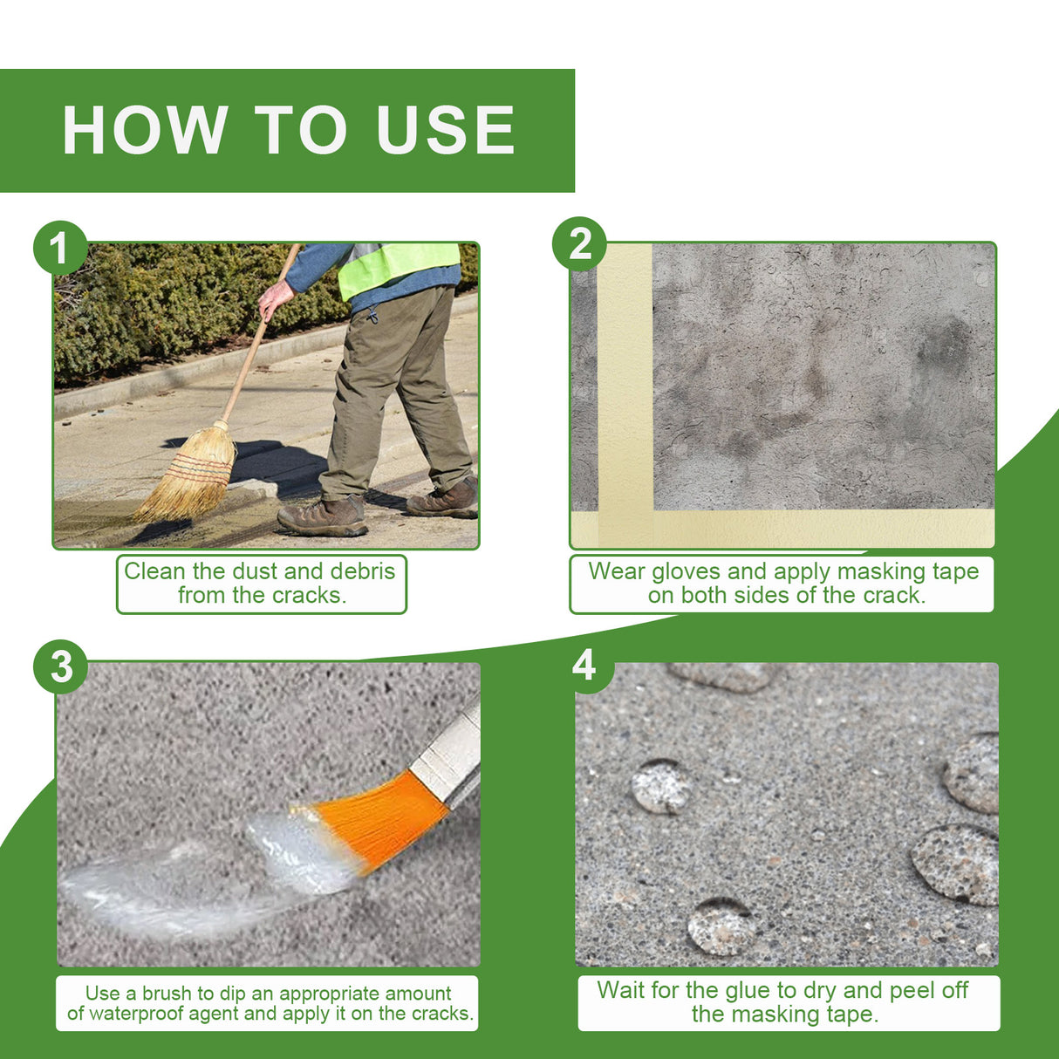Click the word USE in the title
point(446,131)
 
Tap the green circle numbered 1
point(59,249)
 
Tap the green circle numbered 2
point(580,244)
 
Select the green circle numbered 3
point(61,667)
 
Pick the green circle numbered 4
point(584,666)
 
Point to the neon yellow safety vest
point(397,266)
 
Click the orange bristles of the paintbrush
point(379,820)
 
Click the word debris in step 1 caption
point(362,571)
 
